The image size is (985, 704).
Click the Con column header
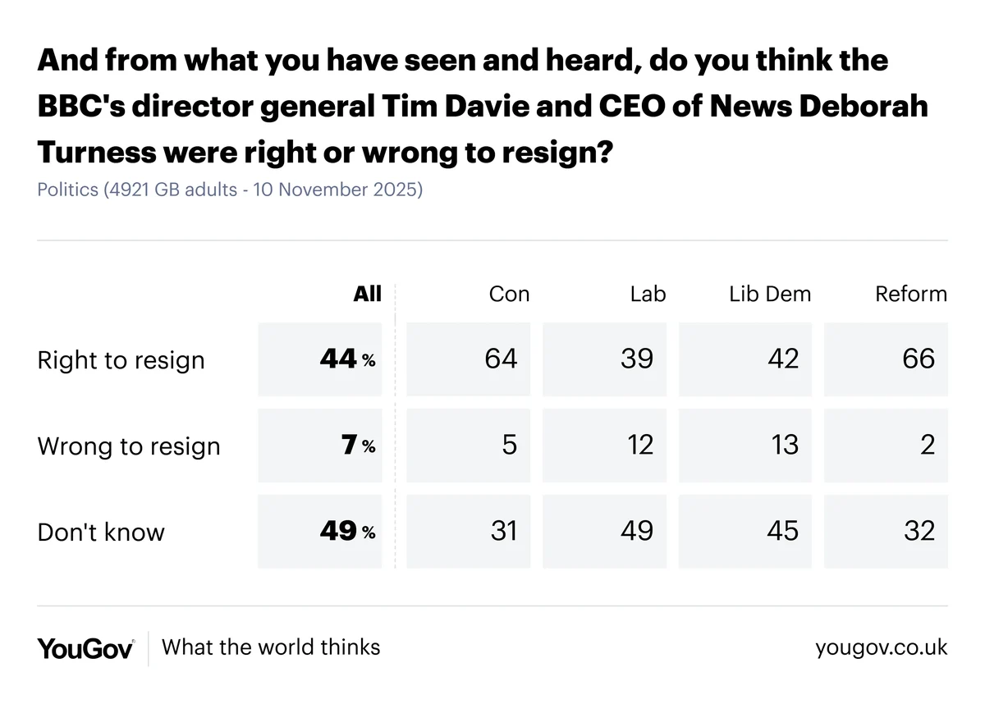[x=509, y=294]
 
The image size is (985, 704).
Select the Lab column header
[x=648, y=294]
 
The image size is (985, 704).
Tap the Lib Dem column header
[x=769, y=294]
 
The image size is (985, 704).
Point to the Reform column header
[x=911, y=294]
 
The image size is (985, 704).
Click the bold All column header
[x=368, y=294]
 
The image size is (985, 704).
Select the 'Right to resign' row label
[x=121, y=360]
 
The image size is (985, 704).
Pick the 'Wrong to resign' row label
[x=129, y=446]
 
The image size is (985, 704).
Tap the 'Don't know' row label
[x=101, y=532]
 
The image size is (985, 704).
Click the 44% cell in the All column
[x=346, y=359]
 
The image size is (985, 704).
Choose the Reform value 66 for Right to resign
[x=918, y=359]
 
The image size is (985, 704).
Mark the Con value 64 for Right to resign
[x=501, y=359]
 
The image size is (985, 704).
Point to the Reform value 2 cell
[x=928, y=445]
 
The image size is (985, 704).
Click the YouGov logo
[x=85, y=647]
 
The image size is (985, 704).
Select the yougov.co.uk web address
[x=881, y=647]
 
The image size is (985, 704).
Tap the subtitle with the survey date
[x=230, y=190]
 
